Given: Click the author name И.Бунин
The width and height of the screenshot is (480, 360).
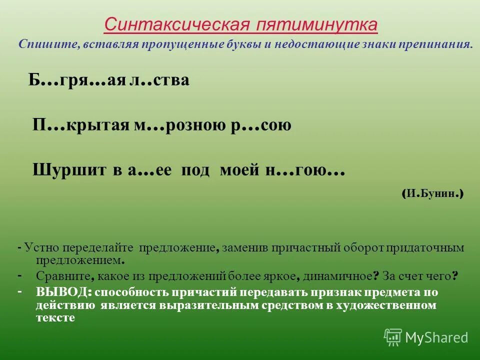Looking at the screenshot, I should coord(433,194).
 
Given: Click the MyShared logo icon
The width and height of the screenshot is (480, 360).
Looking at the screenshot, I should coord(393,337).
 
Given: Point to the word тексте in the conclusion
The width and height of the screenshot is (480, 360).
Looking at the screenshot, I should coord(55,317).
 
